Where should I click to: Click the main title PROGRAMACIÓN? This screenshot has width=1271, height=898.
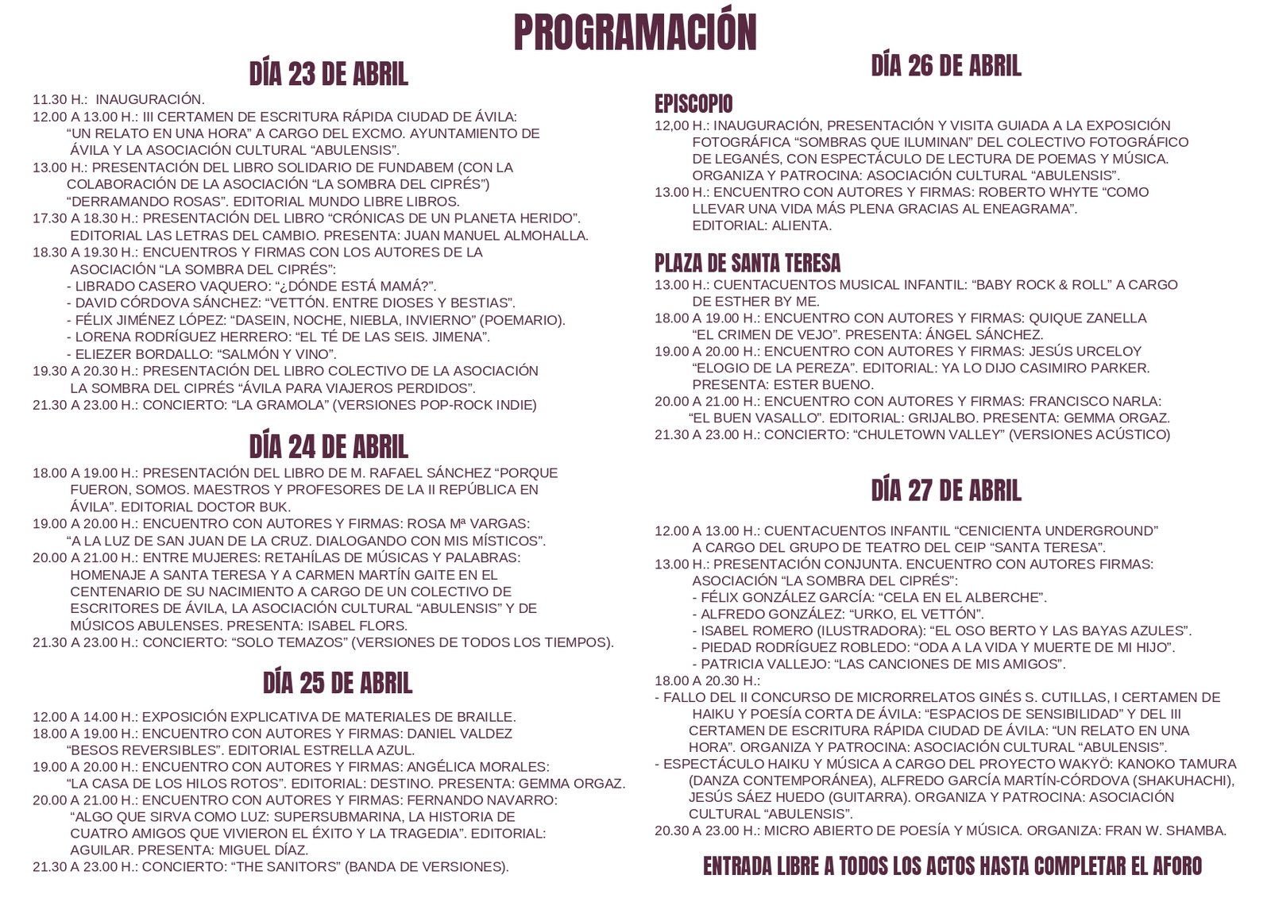click(635, 32)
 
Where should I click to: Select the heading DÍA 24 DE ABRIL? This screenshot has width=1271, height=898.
click(328, 447)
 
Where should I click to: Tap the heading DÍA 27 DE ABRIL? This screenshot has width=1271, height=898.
click(945, 491)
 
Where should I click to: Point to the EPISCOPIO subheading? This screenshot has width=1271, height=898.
click(693, 104)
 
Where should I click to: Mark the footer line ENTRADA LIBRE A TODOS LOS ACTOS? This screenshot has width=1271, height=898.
click(952, 866)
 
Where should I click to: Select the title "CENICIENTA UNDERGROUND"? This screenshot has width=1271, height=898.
click(1057, 530)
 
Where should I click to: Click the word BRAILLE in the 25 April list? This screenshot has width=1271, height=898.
click(486, 716)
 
